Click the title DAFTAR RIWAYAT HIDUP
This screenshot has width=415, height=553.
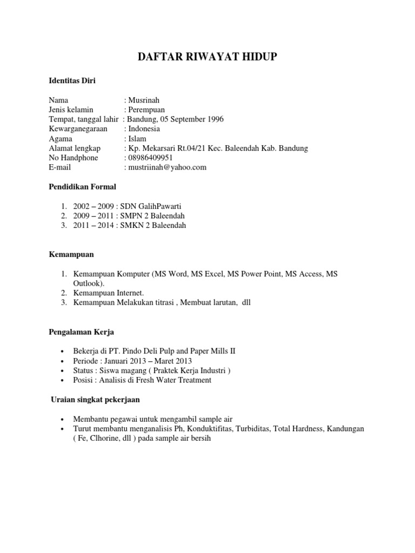coord(207,57)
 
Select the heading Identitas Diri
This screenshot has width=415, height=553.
coord(72,81)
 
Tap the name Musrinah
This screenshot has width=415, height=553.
coord(143,100)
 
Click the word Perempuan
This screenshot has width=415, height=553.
coord(146,110)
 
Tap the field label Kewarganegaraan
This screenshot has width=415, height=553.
coord(78,129)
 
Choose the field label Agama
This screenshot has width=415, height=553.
coord(61,139)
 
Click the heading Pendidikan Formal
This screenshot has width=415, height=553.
coord(82,187)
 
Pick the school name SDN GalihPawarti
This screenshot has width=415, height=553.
coord(159,206)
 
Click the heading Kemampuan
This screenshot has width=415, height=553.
coord(71,254)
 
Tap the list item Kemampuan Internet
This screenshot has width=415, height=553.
coord(108,293)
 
